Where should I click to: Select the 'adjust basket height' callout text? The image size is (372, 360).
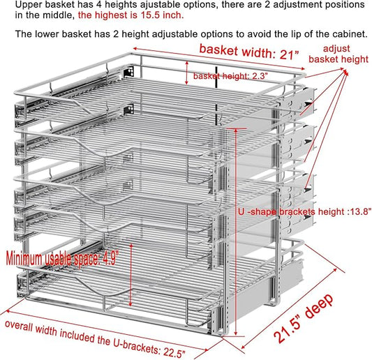[344, 54]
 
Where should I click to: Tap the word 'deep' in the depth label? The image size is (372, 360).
[321, 297]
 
